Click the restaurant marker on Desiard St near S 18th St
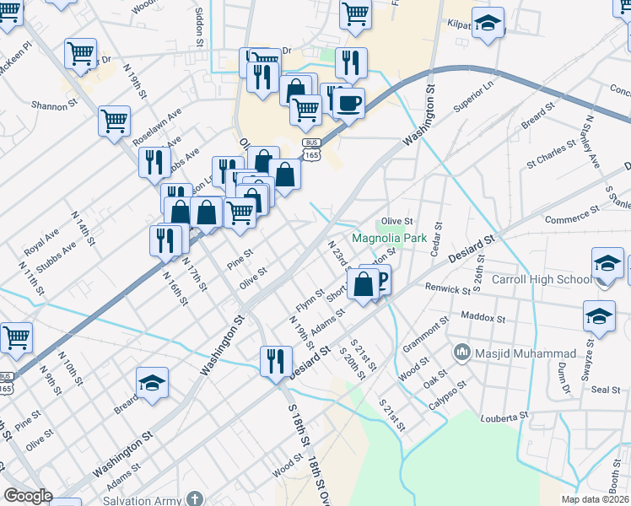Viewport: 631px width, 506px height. pyautogui.click(x=276, y=363)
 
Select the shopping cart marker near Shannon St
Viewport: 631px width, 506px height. pyautogui.click(x=114, y=120)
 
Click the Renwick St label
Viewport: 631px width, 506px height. pyautogui.click(x=448, y=289)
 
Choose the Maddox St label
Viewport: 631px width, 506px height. pyautogui.click(x=483, y=319)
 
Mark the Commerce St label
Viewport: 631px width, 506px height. pyautogui.click(x=571, y=219)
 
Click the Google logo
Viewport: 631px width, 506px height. pyautogui.click(x=27, y=496)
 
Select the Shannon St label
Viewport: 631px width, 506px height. pyautogui.click(x=54, y=105)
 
